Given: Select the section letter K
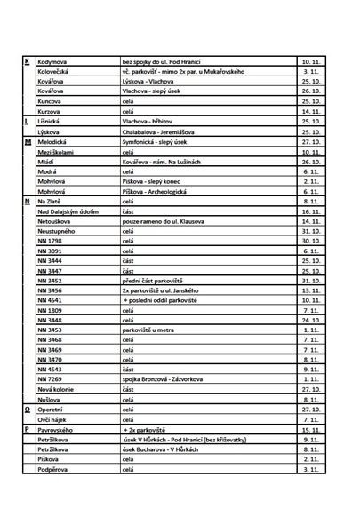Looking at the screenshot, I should click(27, 60).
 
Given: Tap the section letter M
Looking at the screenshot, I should click(28, 142).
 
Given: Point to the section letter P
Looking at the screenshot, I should click(27, 429).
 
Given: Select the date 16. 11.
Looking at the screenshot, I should click(310, 212).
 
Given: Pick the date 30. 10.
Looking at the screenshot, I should click(310, 241).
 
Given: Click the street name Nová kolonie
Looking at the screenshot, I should click(55, 389).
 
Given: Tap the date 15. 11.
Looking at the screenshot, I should click(310, 429).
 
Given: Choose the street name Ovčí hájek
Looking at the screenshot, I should click(52, 419).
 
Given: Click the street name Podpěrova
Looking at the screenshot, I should click(52, 469).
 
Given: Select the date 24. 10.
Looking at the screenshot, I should click(310, 320).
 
